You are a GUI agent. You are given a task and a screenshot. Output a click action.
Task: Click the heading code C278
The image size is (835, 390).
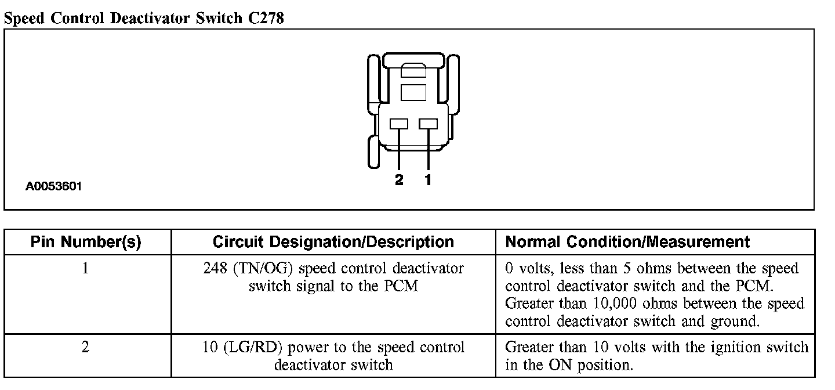point(264,18)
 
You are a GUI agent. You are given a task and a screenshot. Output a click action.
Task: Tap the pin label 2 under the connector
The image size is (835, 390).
point(399,180)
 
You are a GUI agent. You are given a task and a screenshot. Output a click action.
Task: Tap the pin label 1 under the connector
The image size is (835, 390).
point(428,180)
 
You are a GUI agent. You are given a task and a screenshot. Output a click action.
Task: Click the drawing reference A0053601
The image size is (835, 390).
point(53,187)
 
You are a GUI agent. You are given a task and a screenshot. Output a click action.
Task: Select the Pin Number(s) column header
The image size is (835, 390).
point(86,241)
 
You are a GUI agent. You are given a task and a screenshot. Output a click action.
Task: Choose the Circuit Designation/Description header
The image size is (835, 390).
point(333,241)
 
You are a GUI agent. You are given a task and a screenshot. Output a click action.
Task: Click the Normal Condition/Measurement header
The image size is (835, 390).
point(628,241)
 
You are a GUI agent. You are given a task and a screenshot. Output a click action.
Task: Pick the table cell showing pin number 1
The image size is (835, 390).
point(86,269)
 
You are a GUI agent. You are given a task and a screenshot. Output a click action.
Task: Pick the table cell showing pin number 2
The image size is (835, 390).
point(86,348)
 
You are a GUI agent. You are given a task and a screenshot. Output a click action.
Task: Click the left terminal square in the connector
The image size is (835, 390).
point(399,124)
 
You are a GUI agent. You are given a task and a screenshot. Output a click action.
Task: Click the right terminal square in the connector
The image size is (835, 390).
point(428,124)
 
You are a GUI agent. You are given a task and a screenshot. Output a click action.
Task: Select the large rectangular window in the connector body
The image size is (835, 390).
point(413,92)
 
